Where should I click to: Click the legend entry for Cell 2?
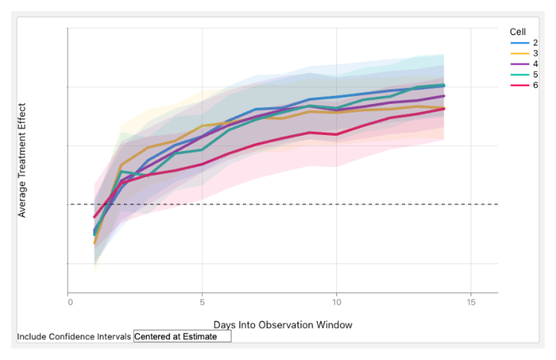pos(524,43)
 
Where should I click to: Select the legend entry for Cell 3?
pos(524,53)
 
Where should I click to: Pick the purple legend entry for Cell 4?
pos(524,64)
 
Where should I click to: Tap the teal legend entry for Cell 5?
pos(524,75)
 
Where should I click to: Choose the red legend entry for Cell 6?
pos(524,85)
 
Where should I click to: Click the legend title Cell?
pos(518,32)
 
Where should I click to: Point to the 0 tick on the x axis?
pos(70,303)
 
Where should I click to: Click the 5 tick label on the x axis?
pos(202,303)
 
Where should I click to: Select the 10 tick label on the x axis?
pos(336,303)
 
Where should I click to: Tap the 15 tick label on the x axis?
pos(471,303)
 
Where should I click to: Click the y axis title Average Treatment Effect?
pos(22,160)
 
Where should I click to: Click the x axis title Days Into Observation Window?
pos(283,325)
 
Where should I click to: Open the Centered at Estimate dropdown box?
pos(182,336)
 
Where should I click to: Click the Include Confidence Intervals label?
pos(74,337)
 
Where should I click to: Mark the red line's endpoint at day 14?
pos(444,109)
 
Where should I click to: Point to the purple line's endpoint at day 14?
pos(444,96)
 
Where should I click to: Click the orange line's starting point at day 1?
pos(94,243)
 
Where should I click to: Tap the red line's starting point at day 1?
pos(94,217)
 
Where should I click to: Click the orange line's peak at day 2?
pos(121,164)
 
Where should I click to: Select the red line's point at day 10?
pos(336,134)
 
